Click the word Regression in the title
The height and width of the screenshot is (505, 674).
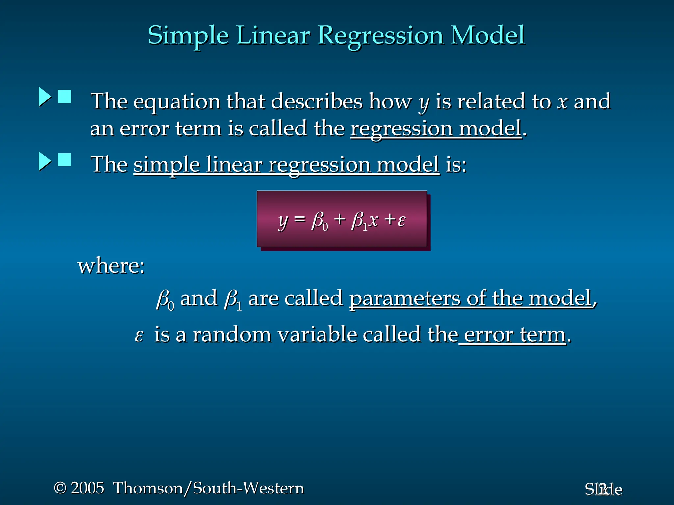(380, 36)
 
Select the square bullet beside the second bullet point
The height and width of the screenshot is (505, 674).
(65, 160)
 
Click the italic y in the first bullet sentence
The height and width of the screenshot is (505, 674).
(424, 103)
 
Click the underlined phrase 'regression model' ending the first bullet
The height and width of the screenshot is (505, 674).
(436, 129)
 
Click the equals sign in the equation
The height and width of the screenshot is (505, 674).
(299, 219)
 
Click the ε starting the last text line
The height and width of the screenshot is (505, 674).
(139, 335)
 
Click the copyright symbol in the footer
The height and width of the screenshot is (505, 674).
(60, 488)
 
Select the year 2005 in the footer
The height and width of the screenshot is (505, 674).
(88, 488)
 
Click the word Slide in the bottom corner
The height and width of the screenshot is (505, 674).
(603, 490)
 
